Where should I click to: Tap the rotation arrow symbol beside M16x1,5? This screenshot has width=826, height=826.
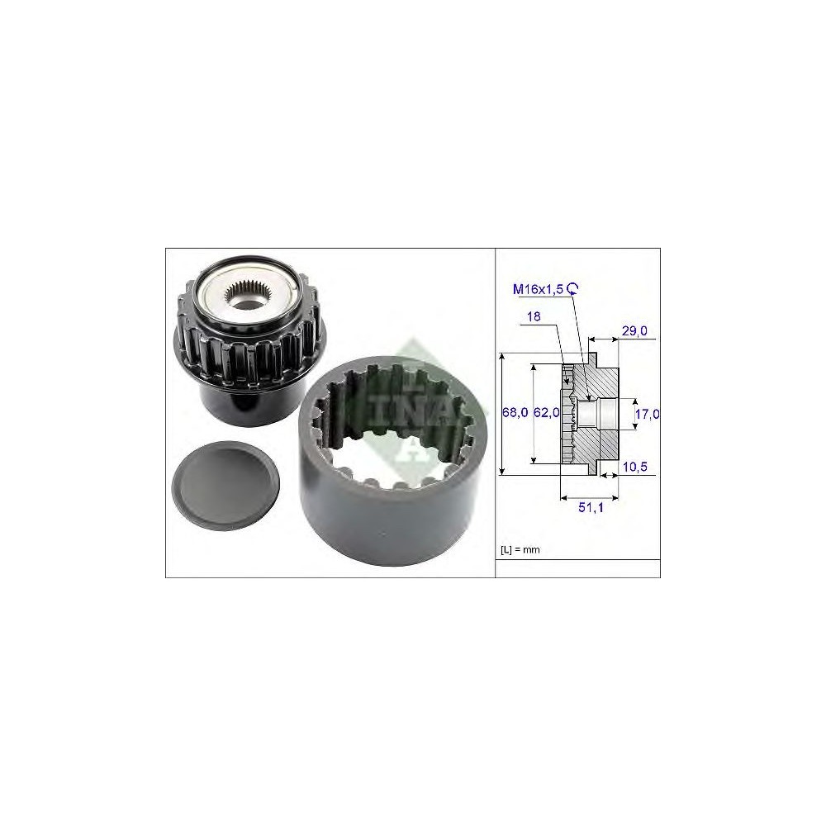coord(573,288)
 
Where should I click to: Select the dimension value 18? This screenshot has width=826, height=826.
coord(534,316)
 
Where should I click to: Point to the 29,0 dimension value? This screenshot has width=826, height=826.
coord(634,331)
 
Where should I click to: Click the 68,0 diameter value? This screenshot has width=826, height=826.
coord(515,412)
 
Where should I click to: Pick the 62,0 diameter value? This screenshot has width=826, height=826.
coord(546,412)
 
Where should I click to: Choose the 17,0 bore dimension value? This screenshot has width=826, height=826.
coord(647,414)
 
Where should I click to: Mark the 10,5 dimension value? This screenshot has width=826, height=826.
coord(634,467)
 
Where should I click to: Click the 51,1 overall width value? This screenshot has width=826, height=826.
coord(591,507)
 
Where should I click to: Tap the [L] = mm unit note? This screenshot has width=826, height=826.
coord(520,549)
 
